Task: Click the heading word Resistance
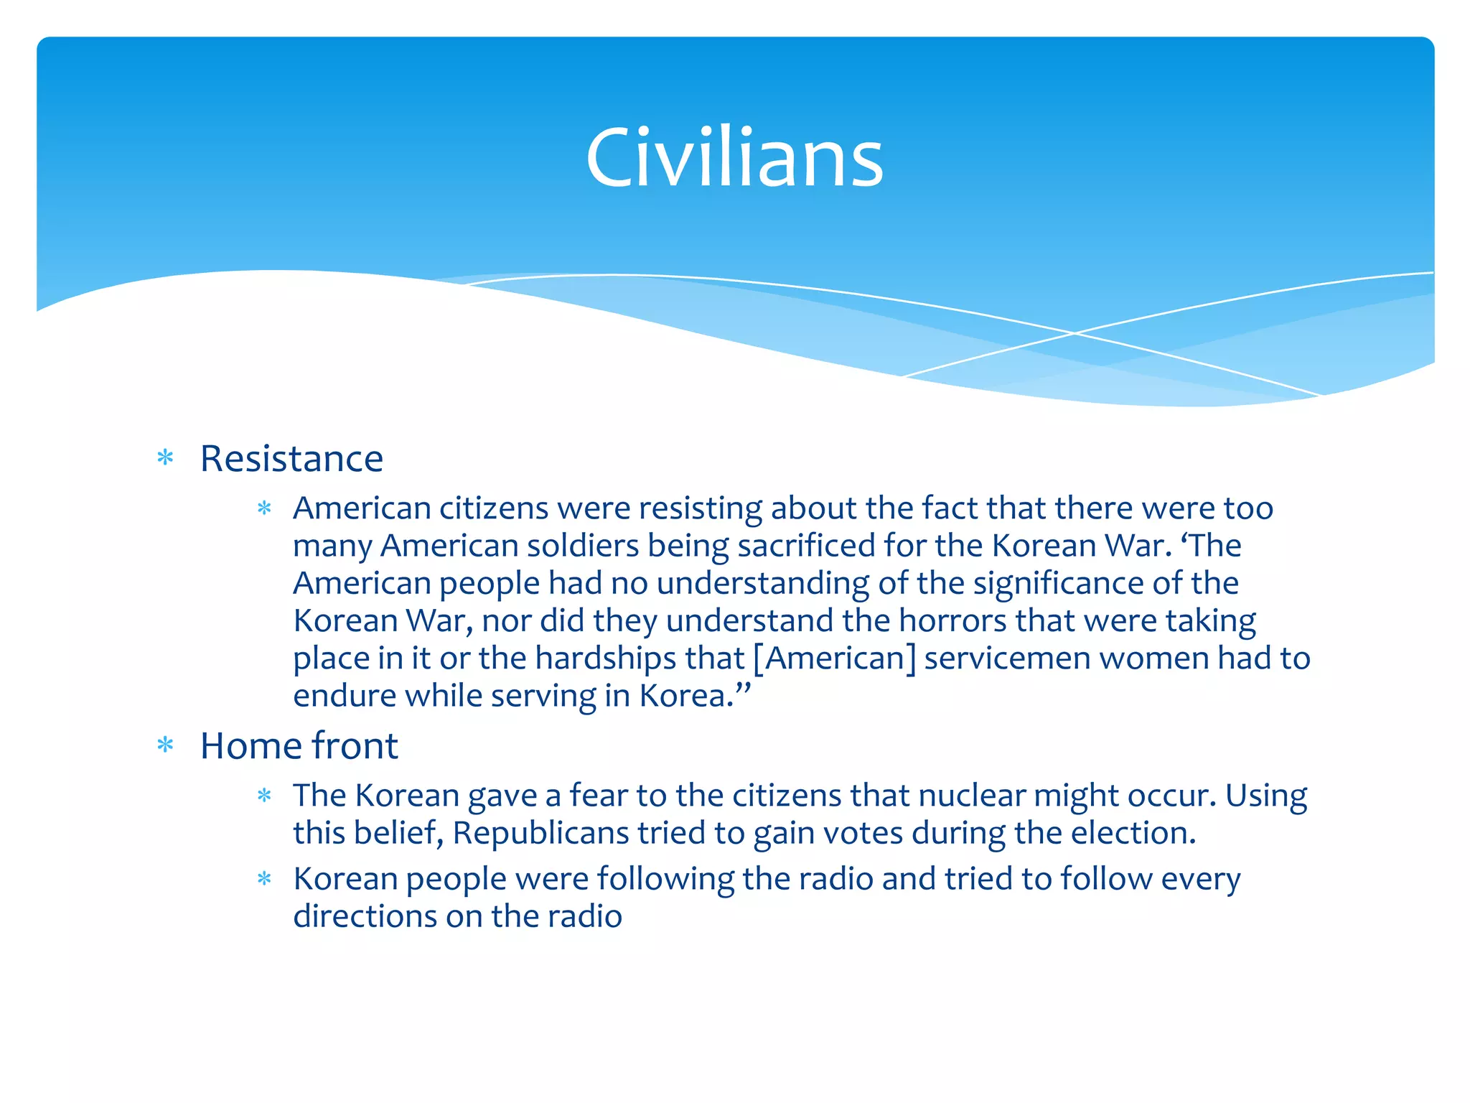(291, 459)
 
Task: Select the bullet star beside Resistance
(166, 458)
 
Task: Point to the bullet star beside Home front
(166, 745)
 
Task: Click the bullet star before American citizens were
(265, 509)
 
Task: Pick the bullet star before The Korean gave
(265, 796)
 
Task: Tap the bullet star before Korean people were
(265, 879)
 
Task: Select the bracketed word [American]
(835, 658)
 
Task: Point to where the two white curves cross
(1074, 333)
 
